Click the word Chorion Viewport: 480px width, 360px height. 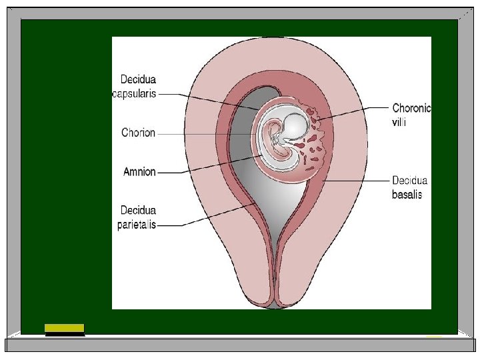[138, 133]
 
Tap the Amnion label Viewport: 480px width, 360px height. [139, 172]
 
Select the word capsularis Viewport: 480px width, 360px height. [134, 94]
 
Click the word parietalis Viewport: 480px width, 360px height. [136, 225]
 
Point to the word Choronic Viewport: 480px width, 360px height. [411, 107]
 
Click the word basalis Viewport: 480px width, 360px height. [407, 195]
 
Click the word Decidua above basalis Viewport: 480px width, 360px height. [410, 181]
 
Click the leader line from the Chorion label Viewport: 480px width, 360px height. [207, 133]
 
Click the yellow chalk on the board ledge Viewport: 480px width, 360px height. [64, 327]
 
